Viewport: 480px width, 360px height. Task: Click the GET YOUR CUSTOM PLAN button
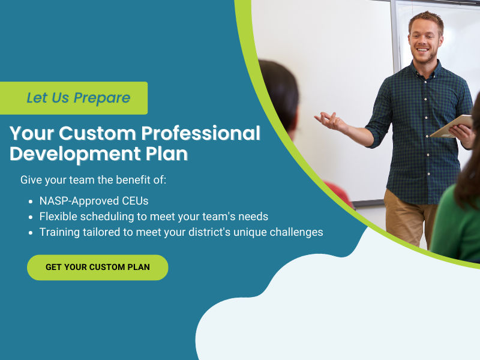pos(98,267)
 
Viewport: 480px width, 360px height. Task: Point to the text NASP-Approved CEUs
pos(94,200)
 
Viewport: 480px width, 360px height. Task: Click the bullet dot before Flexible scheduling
pos(31,217)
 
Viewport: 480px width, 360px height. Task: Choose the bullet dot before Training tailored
pos(31,232)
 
